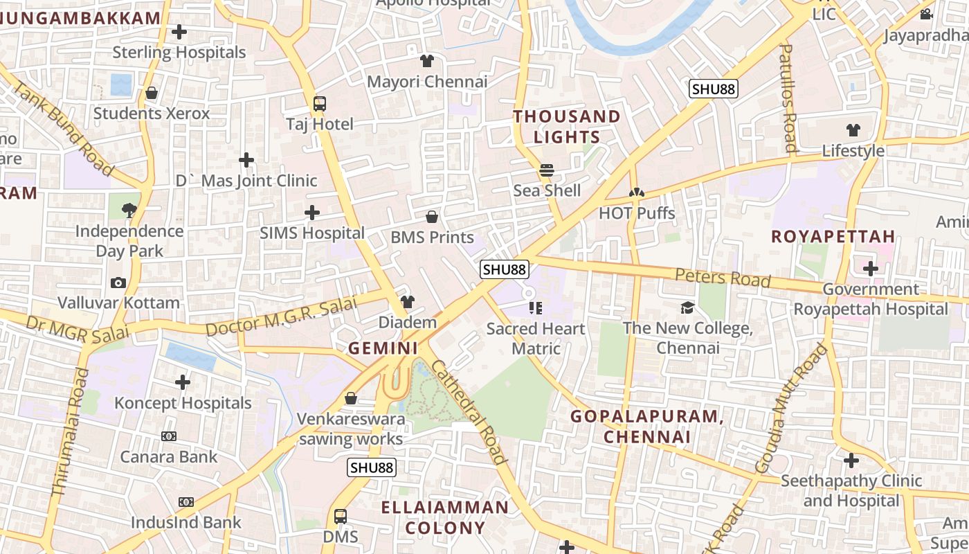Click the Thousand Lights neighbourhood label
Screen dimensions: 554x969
[566, 126]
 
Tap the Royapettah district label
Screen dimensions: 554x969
[833, 236]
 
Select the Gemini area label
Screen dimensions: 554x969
[383, 348]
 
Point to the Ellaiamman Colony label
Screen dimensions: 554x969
[445, 517]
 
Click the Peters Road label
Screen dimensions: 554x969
[723, 278]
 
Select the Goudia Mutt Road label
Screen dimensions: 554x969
[791, 409]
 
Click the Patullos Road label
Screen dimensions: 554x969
[788, 97]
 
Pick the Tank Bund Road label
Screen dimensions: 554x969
[62, 128]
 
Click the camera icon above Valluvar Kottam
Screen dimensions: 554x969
[118, 283]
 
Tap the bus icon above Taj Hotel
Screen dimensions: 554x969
[320, 104]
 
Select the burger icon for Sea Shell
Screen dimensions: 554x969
[547, 170]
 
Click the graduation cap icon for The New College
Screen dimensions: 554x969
[687, 307]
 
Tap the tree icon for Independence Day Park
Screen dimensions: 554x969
[129, 210]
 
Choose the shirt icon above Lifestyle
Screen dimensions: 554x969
[853, 130]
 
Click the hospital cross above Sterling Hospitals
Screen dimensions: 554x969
[179, 32]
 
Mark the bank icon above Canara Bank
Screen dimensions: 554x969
[169, 436]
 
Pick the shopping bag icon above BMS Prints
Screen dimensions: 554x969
[432, 217]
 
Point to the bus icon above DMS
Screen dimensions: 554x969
[341, 517]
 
